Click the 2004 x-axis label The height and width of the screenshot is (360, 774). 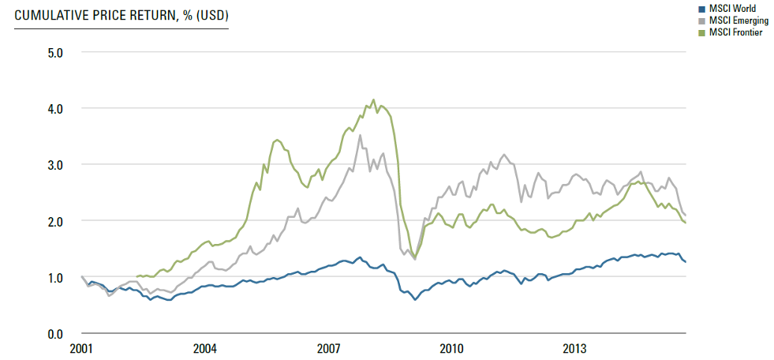204,348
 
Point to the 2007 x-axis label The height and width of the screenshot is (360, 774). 328,348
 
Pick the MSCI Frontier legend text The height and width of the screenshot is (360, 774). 735,32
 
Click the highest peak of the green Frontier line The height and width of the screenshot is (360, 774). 373,100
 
